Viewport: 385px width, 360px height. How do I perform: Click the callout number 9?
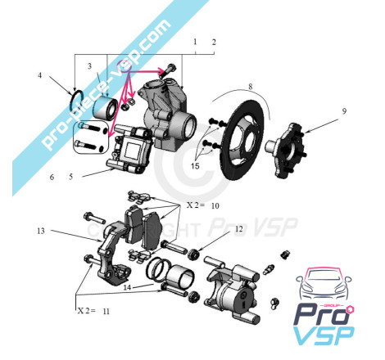point(344,111)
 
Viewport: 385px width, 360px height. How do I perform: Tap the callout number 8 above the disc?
point(251,87)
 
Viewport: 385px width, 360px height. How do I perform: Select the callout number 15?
point(195,166)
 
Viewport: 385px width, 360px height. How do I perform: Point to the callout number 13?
point(41,231)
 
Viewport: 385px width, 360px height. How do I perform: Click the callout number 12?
point(238,229)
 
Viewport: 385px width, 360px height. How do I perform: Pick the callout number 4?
point(40,75)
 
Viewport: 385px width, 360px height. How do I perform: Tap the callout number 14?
point(127,287)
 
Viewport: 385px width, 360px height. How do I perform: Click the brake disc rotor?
point(242,140)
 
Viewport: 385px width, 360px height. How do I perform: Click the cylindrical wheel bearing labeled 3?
point(106,109)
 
